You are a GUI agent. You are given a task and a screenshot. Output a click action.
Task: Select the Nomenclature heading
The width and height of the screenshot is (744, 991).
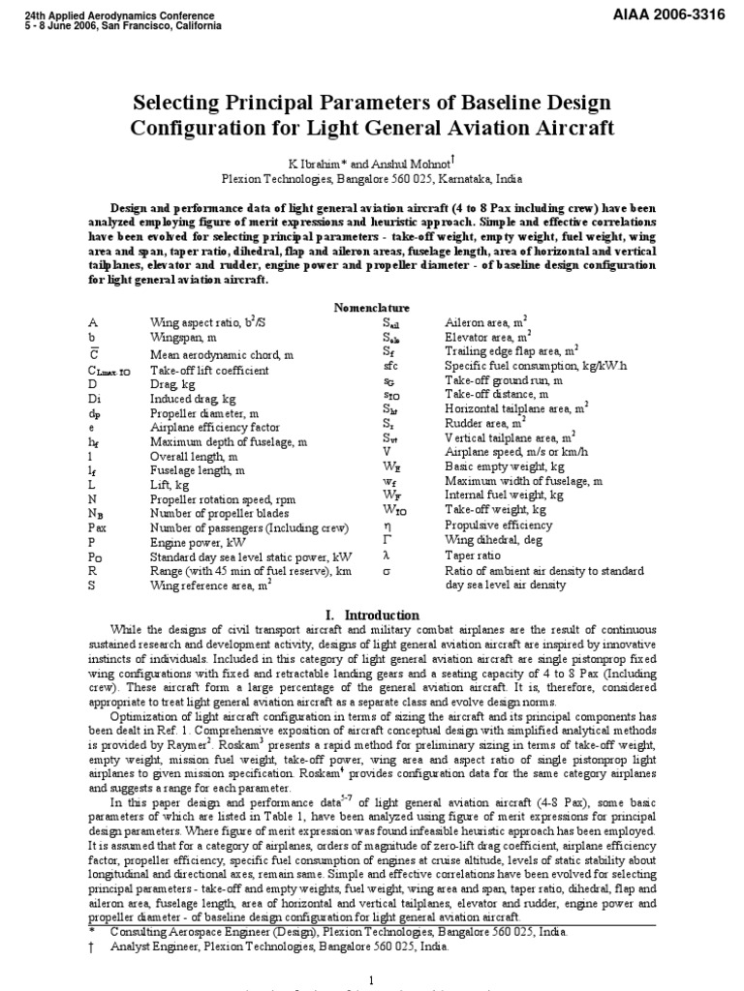pos(371,307)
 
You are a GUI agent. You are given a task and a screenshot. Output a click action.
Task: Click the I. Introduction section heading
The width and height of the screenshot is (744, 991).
pos(372,615)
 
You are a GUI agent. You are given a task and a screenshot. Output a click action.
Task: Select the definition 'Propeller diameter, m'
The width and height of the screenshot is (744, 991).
pos(204,413)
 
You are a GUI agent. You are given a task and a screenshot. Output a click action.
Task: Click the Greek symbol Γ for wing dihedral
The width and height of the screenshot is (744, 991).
pos(387,540)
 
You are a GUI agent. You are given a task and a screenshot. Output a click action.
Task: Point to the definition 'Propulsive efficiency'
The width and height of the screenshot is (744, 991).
pos(499,526)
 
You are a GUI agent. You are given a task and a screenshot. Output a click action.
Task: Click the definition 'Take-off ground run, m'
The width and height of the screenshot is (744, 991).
pos(506,382)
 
